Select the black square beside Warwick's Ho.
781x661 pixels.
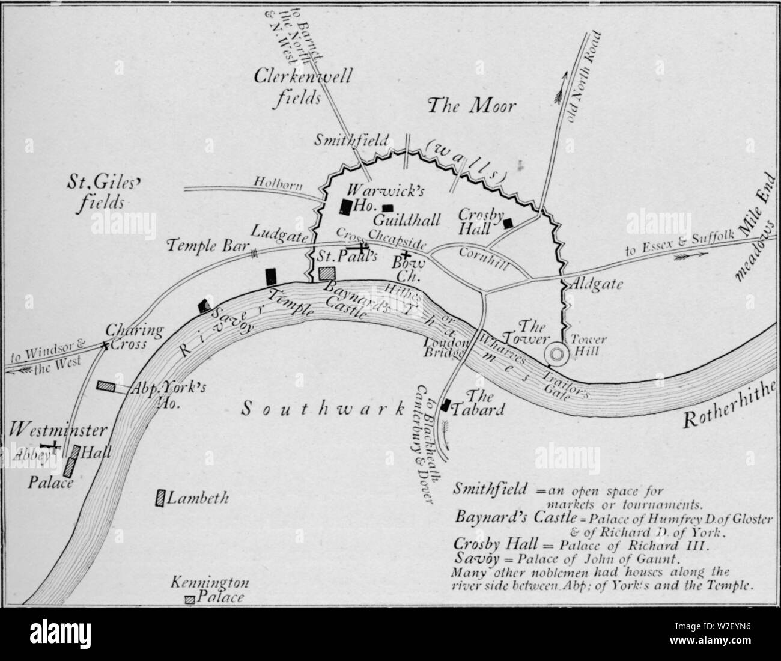coord(346,206)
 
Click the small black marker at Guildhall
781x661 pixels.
coord(388,207)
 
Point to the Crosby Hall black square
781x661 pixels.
coord(508,223)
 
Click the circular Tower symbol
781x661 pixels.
coord(556,355)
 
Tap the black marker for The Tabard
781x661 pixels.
coord(446,405)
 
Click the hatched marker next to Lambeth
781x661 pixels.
coord(160,498)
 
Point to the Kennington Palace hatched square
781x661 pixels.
coord(189,599)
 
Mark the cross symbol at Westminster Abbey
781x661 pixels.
coord(54,446)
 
